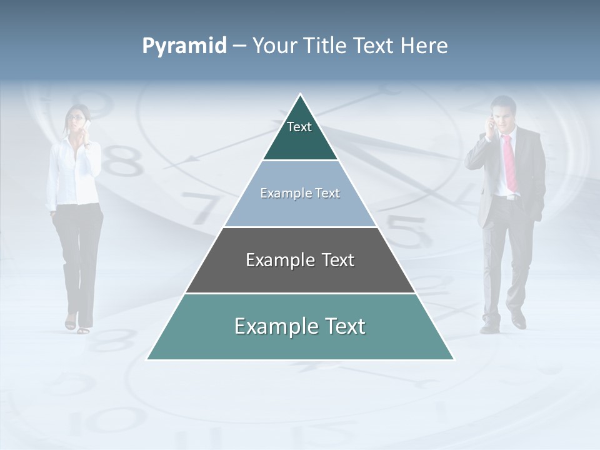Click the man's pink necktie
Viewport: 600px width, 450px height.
pyautogui.click(x=509, y=162)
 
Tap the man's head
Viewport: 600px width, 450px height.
pyautogui.click(x=504, y=111)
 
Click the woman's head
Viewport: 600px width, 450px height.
pyautogui.click(x=77, y=117)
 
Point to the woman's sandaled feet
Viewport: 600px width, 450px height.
pyautogui.click(x=77, y=326)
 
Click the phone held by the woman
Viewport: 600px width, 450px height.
pyautogui.click(x=88, y=127)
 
